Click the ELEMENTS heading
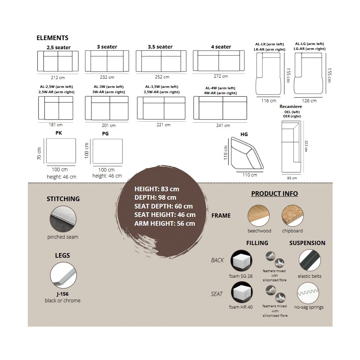pyautogui.click(x=52, y=38)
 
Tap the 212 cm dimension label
pyautogui.click(x=58, y=77)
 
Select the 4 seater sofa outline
pyautogui.click(x=219, y=61)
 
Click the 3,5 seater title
pyautogui.click(x=160, y=47)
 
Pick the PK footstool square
pyautogui.click(x=61, y=151)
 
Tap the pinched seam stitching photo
pyautogui.click(x=63, y=219)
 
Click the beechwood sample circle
pyautogui.click(x=259, y=216)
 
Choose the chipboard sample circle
pyautogui.click(x=292, y=216)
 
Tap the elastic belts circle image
pyautogui.click(x=310, y=261)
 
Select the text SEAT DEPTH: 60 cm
pyautogui.click(x=163, y=206)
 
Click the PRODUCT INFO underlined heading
pyautogui.click(x=274, y=194)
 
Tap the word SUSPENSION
pyautogui.click(x=307, y=243)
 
